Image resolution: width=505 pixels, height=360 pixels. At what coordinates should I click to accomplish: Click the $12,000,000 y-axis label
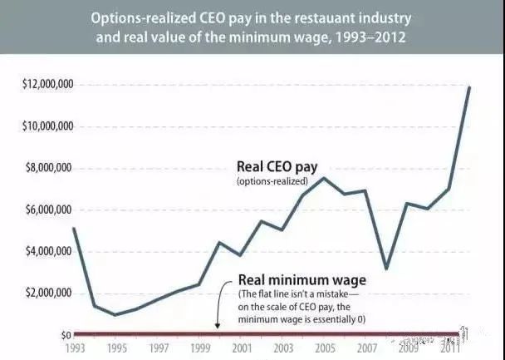pos(39,84)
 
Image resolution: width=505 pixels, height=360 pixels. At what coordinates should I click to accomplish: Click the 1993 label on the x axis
pos(72,348)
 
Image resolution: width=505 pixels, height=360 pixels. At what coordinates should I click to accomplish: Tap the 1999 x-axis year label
pos(201,348)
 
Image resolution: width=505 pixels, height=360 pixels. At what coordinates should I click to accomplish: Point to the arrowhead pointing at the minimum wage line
pos(218,328)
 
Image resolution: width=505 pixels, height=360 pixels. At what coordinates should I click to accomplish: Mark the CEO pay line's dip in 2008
pos(386,269)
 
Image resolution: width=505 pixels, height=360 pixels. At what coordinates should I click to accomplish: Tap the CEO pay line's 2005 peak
pos(325,178)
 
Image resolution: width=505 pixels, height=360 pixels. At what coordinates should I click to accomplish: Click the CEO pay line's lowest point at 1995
pos(115,314)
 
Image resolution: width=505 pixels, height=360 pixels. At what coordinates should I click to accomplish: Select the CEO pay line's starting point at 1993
pos(73,228)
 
